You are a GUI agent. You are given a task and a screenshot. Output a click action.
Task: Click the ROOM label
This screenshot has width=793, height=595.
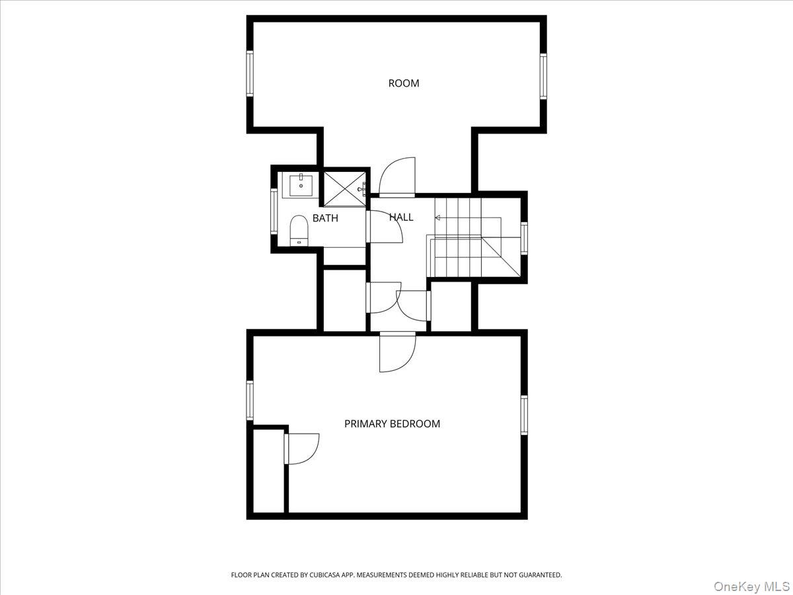click(404, 83)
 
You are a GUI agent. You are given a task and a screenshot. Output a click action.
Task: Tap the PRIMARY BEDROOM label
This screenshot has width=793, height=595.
click(392, 424)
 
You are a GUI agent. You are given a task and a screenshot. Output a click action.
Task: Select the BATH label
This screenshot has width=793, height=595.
click(325, 218)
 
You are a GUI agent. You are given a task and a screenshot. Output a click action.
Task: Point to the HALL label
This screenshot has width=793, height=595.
click(401, 217)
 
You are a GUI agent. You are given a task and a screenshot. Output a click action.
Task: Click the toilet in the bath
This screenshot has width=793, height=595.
click(299, 231)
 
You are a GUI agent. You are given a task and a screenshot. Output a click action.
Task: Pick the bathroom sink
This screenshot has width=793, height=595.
click(301, 185)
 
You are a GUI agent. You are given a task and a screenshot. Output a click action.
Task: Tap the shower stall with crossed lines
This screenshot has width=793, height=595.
click(344, 189)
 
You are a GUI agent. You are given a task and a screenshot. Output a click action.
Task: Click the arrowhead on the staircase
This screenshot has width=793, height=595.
click(437, 218)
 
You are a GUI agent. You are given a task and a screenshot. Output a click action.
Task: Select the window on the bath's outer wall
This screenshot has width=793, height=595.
click(274, 211)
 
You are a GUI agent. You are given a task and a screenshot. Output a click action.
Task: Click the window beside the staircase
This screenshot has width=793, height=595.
click(524, 239)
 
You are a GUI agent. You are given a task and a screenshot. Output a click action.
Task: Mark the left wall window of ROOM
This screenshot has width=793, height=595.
click(250, 73)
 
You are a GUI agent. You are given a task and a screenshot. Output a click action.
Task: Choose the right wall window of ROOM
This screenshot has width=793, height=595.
click(543, 76)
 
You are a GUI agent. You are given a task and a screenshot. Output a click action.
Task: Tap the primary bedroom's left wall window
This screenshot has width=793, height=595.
click(250, 400)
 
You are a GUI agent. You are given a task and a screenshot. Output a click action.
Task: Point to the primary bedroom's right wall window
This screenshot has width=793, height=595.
click(524, 415)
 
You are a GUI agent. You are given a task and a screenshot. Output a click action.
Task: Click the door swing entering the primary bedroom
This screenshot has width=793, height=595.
click(397, 352)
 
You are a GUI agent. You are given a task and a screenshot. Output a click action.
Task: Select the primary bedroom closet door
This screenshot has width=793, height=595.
click(302, 449)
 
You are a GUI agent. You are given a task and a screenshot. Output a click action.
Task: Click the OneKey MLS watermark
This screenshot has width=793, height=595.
click(751, 586)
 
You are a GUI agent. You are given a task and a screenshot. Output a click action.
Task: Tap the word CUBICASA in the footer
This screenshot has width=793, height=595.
click(324, 575)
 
